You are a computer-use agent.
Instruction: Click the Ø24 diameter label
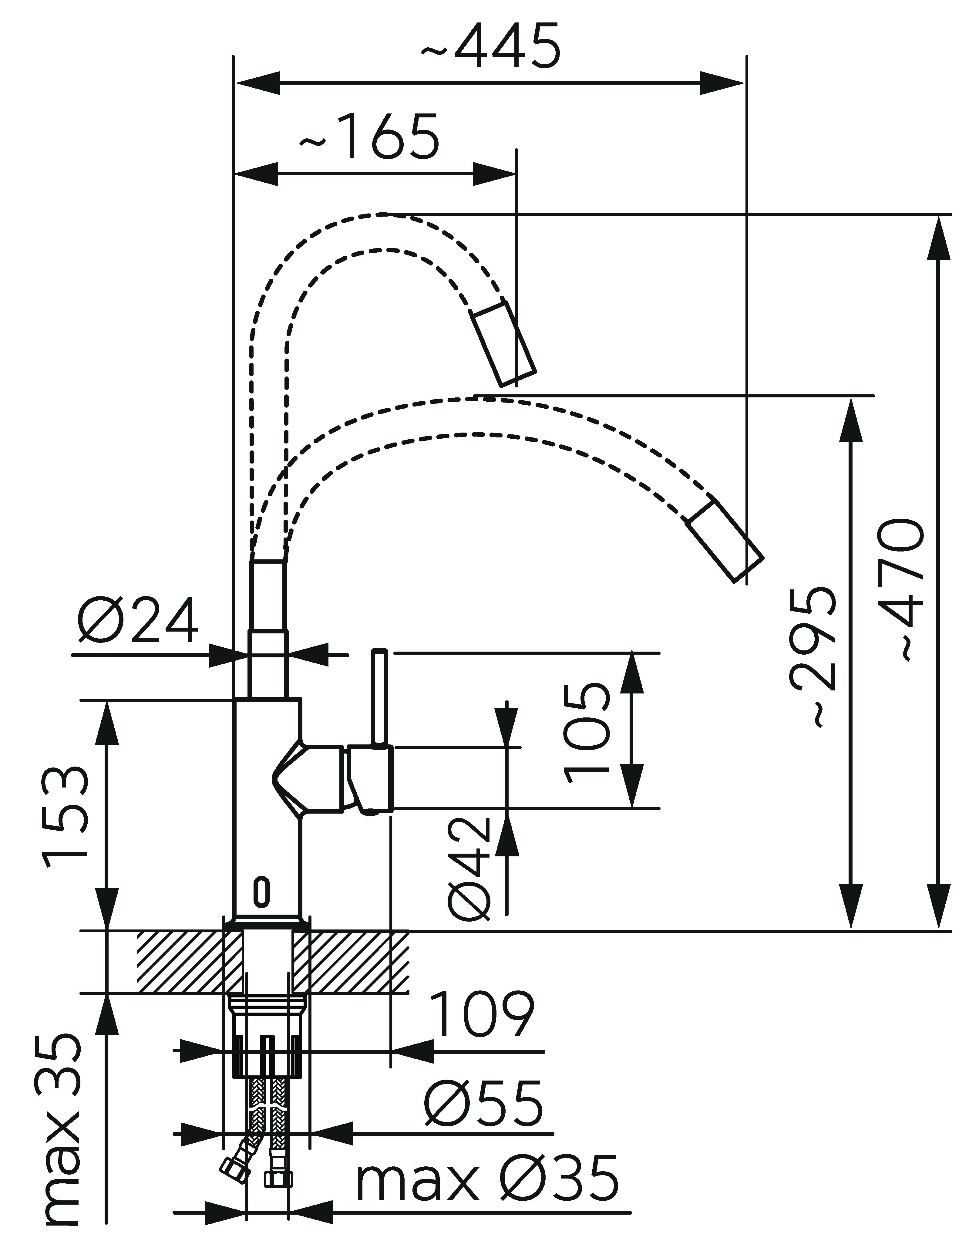tap(138, 621)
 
